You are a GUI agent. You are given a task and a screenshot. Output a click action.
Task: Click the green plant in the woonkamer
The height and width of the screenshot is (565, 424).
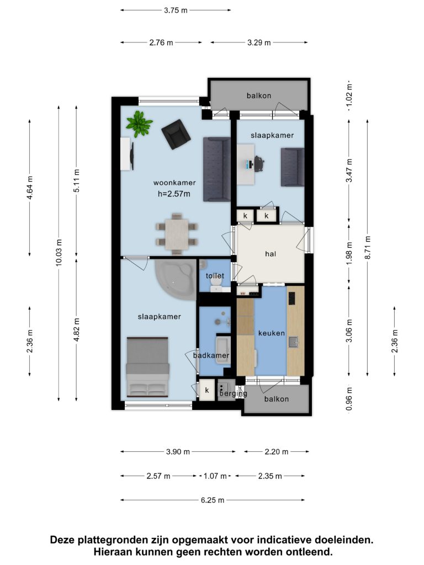[x=139, y=124]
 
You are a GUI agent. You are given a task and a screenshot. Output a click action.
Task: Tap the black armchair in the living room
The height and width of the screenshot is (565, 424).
[x=176, y=134]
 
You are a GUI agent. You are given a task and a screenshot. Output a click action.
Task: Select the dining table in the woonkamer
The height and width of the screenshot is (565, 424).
[x=177, y=234]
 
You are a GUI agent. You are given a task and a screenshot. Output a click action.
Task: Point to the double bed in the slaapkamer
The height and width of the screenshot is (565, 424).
[x=147, y=367]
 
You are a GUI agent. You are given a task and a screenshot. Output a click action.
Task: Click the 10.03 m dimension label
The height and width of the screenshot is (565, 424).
[x=59, y=252]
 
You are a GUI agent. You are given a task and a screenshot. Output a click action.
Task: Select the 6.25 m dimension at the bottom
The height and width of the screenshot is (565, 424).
[x=213, y=500]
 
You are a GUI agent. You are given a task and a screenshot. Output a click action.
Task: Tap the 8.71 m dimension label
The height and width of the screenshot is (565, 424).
[x=367, y=247]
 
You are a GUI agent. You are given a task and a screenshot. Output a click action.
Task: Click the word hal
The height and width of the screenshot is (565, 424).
[x=271, y=254]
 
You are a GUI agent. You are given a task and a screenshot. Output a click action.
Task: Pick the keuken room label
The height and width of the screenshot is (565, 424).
[x=272, y=333]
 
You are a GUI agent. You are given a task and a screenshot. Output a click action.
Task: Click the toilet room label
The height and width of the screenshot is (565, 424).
[x=215, y=276]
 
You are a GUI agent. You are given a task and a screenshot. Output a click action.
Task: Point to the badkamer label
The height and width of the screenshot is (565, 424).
[x=211, y=356]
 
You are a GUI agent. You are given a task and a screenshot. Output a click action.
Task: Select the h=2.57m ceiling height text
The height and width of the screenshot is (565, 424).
[x=174, y=194]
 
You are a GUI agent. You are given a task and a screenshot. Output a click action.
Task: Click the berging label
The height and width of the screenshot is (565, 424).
[x=234, y=394]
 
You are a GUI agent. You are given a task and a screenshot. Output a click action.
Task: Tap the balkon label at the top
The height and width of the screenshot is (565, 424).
[x=259, y=95]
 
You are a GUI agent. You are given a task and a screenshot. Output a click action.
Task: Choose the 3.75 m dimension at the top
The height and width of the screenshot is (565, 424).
[x=176, y=10]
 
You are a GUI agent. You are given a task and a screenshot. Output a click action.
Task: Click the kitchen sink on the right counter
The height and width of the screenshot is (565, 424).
[x=294, y=342]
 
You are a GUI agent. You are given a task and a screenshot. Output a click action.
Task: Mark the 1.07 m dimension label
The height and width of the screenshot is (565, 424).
[x=215, y=476]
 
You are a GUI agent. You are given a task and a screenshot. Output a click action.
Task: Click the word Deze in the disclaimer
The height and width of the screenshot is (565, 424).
[x=63, y=540]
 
